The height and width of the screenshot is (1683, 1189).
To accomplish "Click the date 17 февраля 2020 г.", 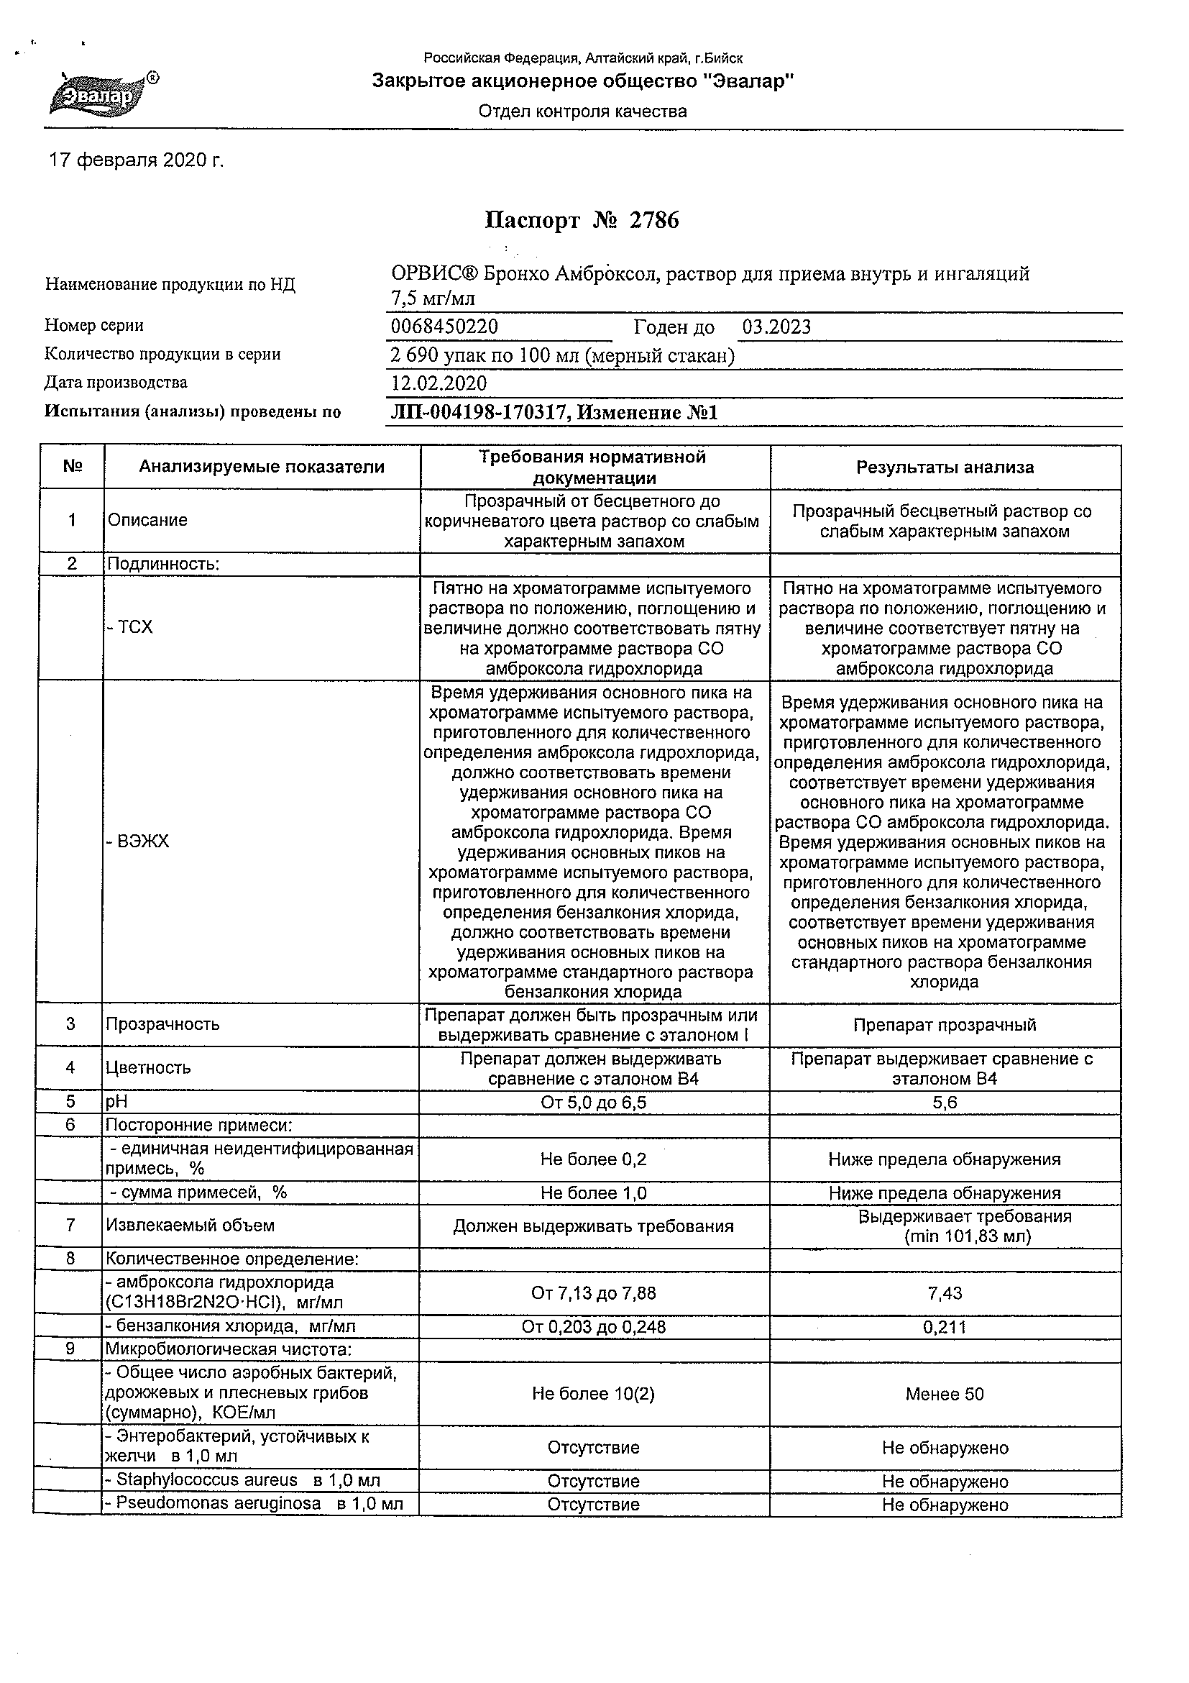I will coord(137,160).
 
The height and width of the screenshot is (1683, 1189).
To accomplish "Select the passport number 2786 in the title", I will coord(654,221).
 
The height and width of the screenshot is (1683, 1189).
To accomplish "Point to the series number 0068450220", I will coord(445,327).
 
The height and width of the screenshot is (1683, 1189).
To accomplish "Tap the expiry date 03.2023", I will coord(776,327).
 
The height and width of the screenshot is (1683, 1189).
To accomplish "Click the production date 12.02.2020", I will coord(439,383).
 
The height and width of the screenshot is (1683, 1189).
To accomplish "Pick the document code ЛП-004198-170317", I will coord(480,413).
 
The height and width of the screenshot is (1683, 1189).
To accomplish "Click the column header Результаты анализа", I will coord(945,467).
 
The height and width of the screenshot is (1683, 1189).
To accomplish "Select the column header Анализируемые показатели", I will coord(262,467).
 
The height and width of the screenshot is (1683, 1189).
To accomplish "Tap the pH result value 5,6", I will coord(945,1103).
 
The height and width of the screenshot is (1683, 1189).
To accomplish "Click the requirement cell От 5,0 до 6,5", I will coord(593,1103).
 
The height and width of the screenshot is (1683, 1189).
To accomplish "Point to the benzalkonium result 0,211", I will coord(945,1327).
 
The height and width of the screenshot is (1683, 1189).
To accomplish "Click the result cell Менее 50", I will coord(945,1393).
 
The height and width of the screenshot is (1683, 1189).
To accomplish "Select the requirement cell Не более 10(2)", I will coord(593,1393).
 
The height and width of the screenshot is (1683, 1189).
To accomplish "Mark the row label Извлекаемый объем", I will coord(190,1225).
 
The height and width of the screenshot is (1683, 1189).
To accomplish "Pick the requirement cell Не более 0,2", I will coord(593,1159).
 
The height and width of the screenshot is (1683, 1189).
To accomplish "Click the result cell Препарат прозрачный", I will coord(945,1025).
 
